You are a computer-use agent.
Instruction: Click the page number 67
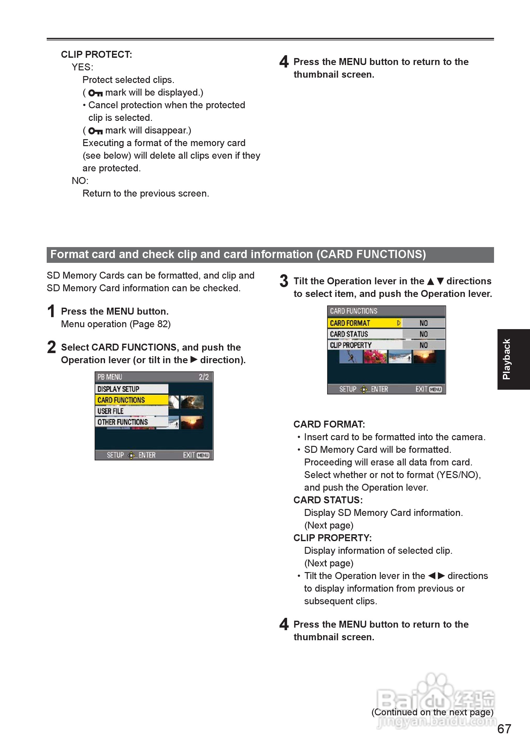click(x=504, y=729)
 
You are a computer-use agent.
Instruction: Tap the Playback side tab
click(x=513, y=359)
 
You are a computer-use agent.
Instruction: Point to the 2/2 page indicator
click(x=204, y=377)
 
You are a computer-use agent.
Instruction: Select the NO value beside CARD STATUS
click(x=423, y=334)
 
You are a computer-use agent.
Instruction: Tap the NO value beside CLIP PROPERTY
click(x=423, y=345)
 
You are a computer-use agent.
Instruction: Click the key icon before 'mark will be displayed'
click(x=96, y=93)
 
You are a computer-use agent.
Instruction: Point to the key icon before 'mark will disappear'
click(x=96, y=131)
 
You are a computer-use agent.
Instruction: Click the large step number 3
click(x=284, y=281)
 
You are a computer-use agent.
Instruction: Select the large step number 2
click(x=51, y=347)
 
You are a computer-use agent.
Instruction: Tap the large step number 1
click(x=51, y=311)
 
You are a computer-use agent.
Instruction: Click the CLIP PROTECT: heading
click(x=97, y=55)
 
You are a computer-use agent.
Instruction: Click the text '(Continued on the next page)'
click(x=432, y=712)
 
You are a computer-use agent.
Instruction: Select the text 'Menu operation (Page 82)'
click(x=116, y=324)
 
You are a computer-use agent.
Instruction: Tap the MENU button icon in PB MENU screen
click(x=203, y=455)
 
